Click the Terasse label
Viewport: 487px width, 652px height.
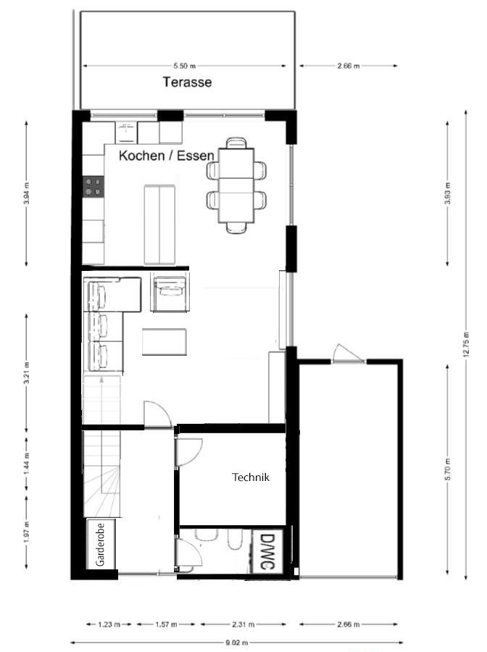(x=187, y=82)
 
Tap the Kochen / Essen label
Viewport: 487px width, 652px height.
(x=167, y=156)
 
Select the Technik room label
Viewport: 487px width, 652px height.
(x=250, y=477)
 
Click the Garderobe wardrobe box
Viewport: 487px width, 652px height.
(x=101, y=544)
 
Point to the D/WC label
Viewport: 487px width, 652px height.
(x=266, y=551)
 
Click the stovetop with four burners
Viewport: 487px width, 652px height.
(x=93, y=186)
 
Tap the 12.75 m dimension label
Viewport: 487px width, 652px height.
(x=466, y=344)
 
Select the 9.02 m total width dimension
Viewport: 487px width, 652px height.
(x=237, y=643)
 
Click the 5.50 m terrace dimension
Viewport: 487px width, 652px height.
(x=185, y=66)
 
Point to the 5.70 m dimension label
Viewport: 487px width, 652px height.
(x=447, y=469)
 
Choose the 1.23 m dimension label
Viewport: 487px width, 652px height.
(x=109, y=624)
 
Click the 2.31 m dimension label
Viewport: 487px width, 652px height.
(x=243, y=624)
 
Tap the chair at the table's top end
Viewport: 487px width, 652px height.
(x=236, y=143)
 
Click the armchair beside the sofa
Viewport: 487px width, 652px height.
(x=170, y=292)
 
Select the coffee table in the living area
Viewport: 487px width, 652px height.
(x=165, y=342)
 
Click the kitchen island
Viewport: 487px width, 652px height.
(x=159, y=225)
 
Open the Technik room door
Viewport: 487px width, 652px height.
(x=189, y=452)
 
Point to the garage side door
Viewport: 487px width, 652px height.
(x=348, y=354)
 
